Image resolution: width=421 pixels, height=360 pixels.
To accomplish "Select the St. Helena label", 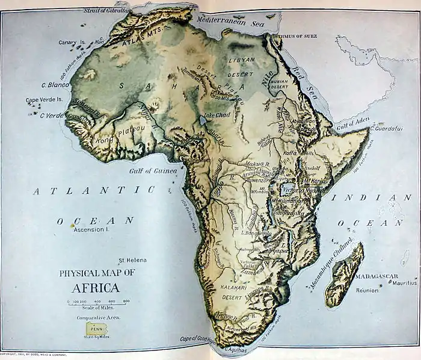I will pos(132,260).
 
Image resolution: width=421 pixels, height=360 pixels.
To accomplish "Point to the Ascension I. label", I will pos(90,229).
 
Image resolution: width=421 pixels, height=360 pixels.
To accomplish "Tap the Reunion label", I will pos(366,290).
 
